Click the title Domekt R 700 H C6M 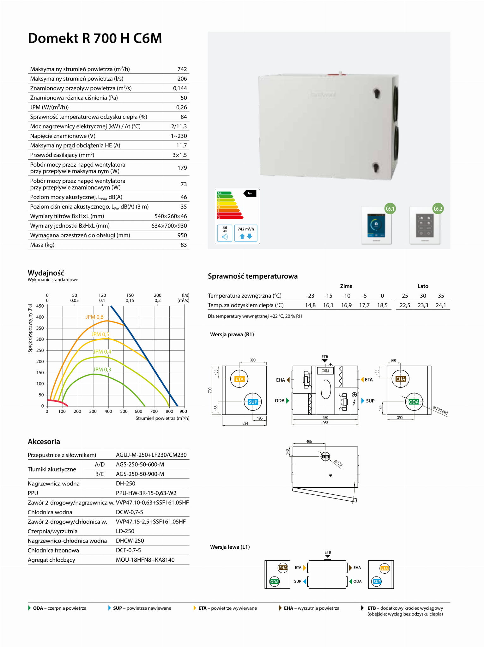(95, 38)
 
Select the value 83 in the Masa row (184, 245)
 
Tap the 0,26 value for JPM (181, 107)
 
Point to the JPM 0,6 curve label (94, 317)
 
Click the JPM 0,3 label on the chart (102, 369)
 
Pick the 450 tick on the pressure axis (40, 306)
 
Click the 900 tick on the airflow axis (183, 411)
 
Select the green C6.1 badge (390, 209)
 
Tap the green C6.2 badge (438, 209)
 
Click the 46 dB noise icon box (225, 233)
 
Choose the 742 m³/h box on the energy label (245, 233)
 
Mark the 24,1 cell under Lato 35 (441, 305)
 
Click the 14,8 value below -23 (310, 305)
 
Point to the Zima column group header (346, 286)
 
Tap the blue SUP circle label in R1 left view (253, 402)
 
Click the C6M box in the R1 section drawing (325, 371)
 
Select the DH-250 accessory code (125, 484)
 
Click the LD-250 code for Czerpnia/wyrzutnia (125, 531)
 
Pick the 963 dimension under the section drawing (325, 423)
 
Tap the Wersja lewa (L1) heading (230, 547)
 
